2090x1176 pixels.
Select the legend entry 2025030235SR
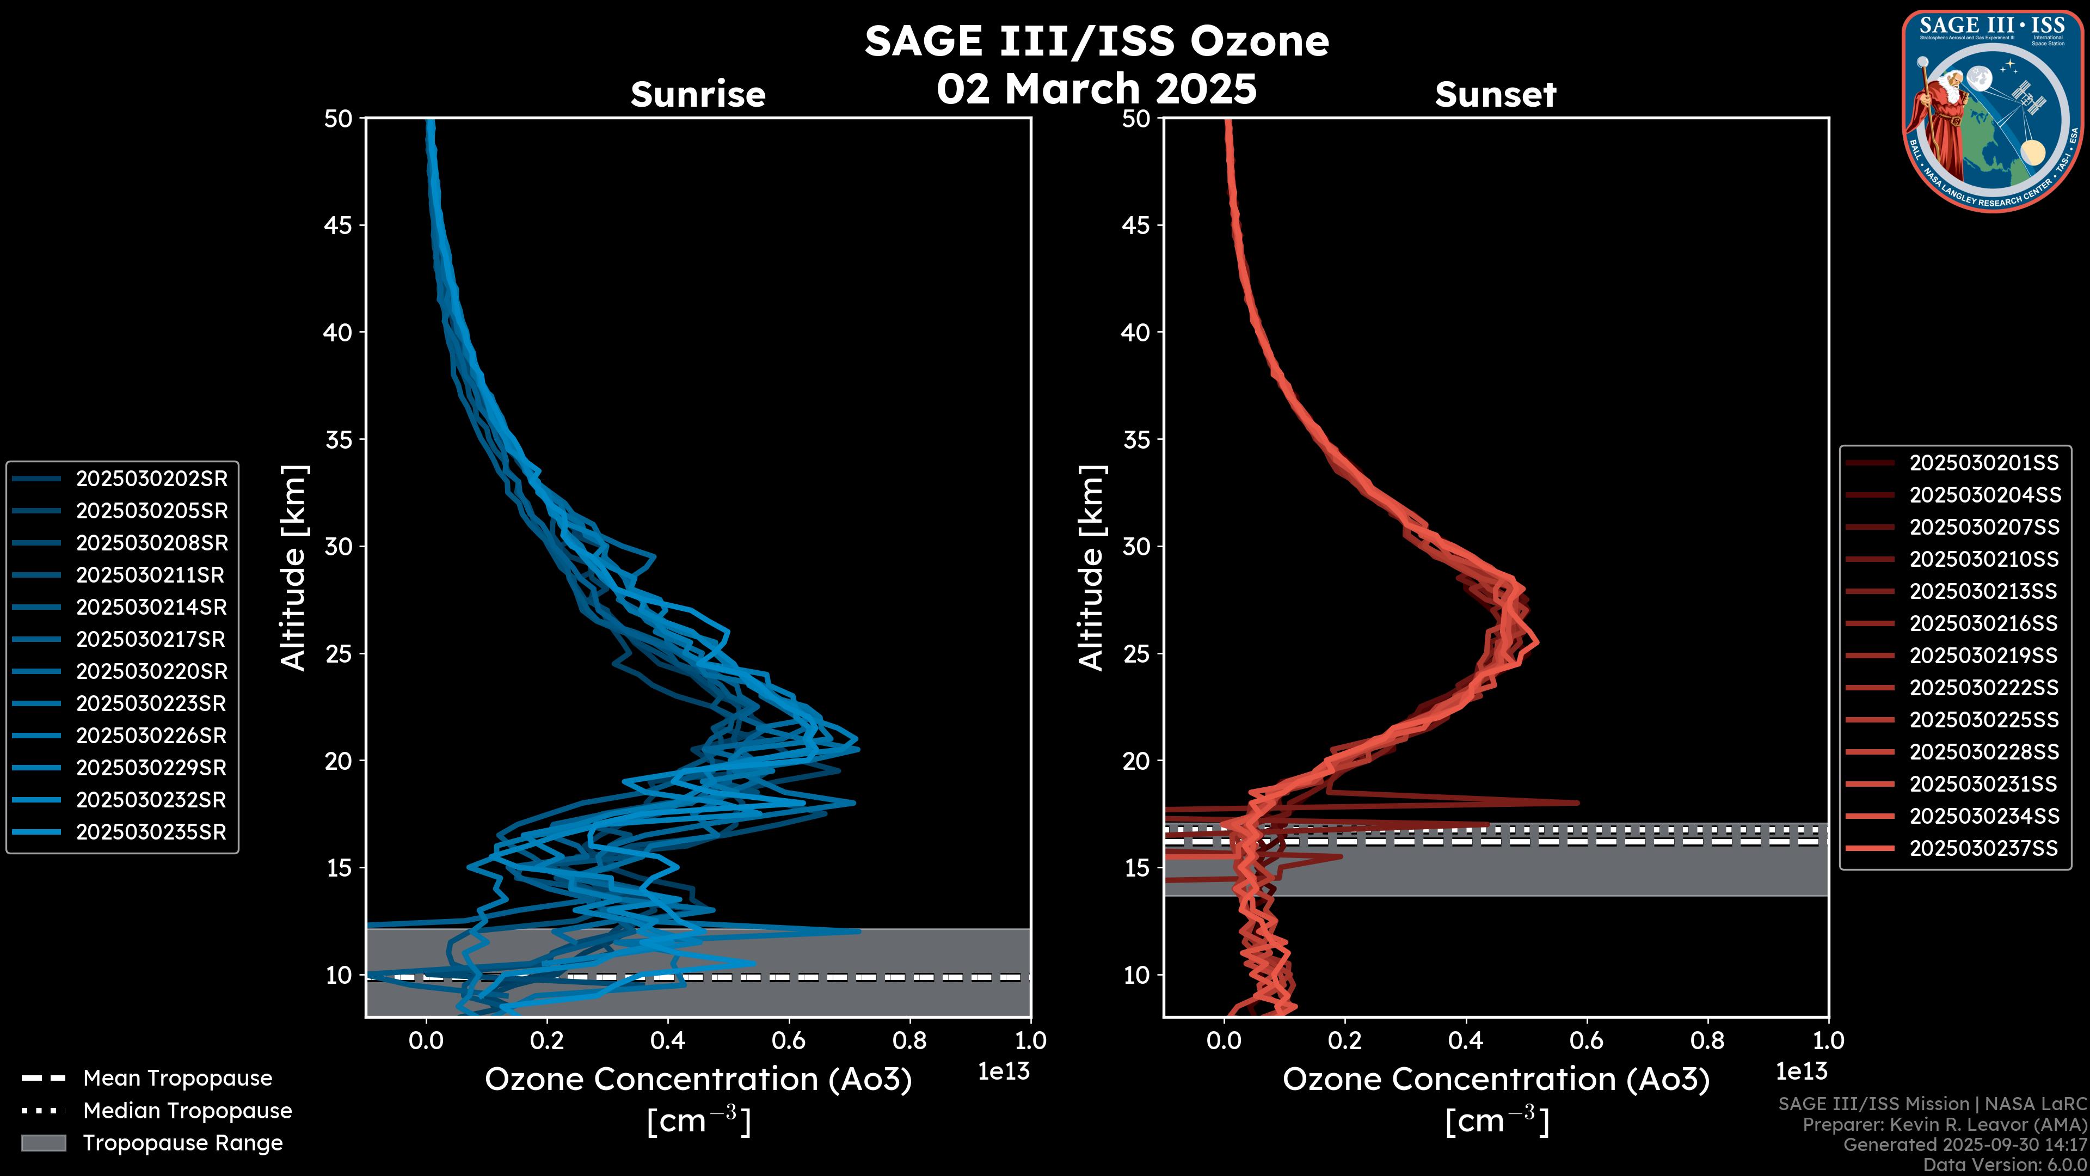(151, 832)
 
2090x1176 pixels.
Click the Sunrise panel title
(698, 94)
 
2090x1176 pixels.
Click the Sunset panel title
(1495, 94)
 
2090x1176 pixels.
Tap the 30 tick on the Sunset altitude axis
(1136, 546)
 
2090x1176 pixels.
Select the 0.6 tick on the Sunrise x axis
(789, 1040)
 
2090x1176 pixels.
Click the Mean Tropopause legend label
(177, 1078)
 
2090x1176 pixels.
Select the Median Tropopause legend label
(187, 1110)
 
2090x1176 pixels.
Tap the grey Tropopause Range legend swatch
(44, 1143)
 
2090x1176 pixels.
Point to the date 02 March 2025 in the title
(1096, 88)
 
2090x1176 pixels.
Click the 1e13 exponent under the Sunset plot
(1801, 1071)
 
